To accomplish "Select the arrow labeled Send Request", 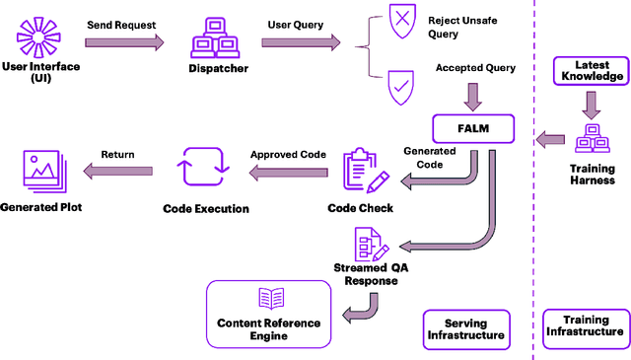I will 124,42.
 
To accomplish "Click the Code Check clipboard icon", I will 362,171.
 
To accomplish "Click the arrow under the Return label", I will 117,172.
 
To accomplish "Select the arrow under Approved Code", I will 287,172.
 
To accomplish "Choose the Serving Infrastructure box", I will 466,328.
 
